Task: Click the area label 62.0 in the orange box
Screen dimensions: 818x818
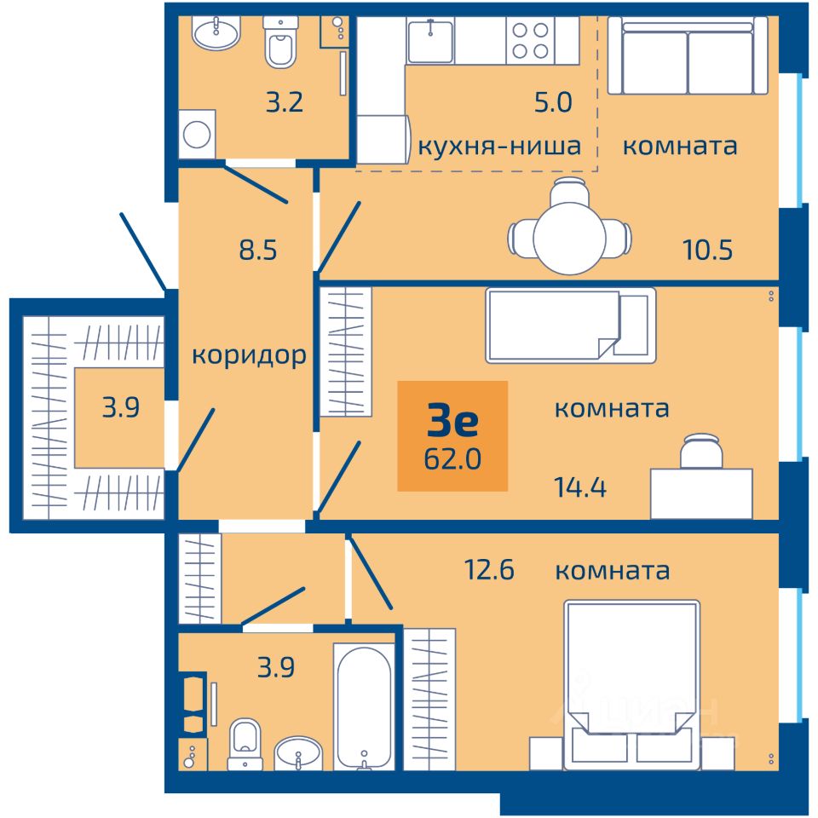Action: (452, 459)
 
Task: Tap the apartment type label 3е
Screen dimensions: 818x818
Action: (452, 420)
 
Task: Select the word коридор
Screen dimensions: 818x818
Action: (249, 356)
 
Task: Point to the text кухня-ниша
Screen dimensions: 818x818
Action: (499, 146)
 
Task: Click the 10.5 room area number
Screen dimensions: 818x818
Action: (707, 250)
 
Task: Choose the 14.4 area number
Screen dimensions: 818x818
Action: (580, 487)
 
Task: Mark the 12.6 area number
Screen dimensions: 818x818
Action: (489, 569)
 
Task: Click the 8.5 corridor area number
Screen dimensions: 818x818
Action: (257, 250)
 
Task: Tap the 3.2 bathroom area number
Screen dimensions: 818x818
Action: (285, 102)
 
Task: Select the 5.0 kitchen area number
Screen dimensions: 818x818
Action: (553, 102)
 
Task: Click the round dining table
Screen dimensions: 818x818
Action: (570, 238)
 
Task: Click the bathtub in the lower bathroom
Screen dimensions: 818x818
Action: (364, 707)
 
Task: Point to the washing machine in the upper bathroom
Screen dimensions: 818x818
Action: (197, 134)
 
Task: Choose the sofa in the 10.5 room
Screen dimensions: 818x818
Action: (688, 55)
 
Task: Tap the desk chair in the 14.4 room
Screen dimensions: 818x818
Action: (700, 452)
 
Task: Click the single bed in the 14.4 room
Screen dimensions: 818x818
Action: (571, 325)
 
